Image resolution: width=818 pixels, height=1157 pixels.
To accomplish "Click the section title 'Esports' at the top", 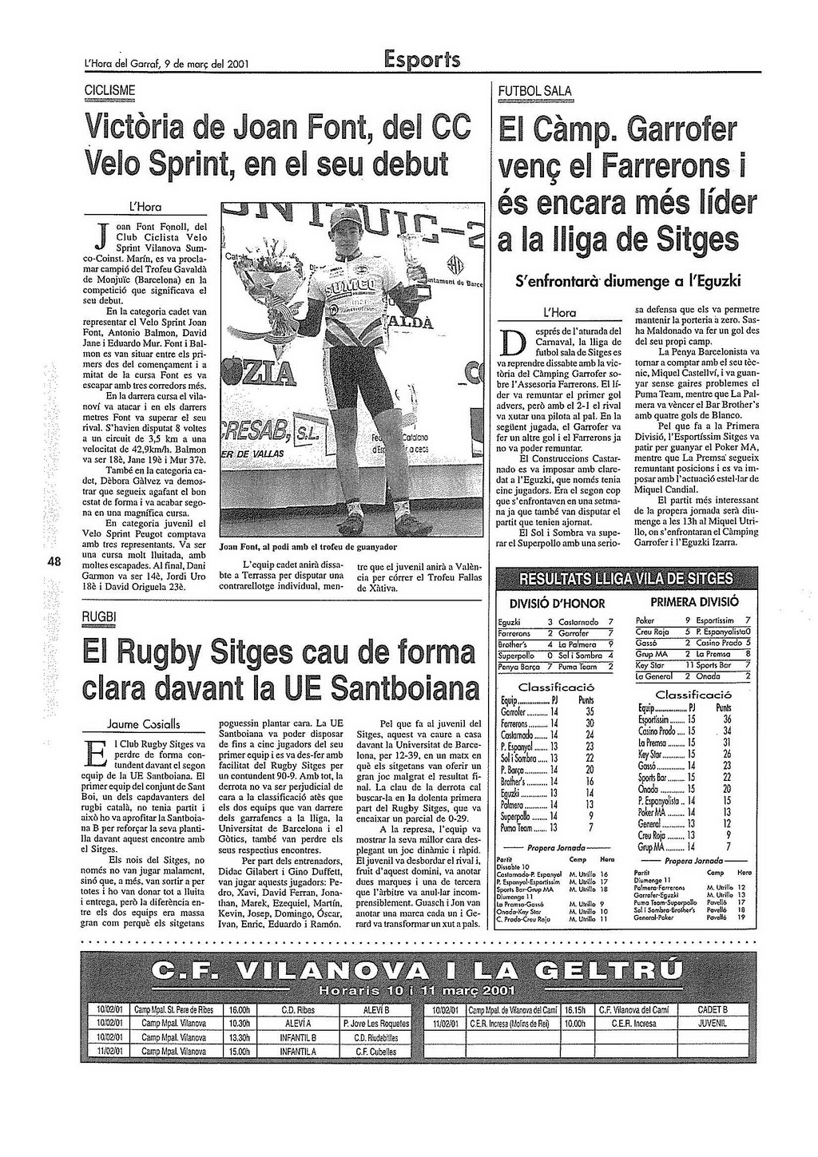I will pos(421,60).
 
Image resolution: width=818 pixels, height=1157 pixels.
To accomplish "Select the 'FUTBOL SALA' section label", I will pos(534,91).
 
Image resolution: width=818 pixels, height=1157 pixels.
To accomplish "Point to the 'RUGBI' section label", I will pos(100,617).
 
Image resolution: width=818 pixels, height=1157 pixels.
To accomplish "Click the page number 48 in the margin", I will pos(55,561).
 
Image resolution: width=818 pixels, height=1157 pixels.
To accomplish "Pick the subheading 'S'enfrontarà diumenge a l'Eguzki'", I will pos(628,281).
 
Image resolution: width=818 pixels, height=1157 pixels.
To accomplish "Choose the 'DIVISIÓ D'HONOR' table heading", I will pos(557,603).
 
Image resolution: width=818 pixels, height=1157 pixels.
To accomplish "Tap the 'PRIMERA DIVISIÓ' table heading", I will pos(694,601).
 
